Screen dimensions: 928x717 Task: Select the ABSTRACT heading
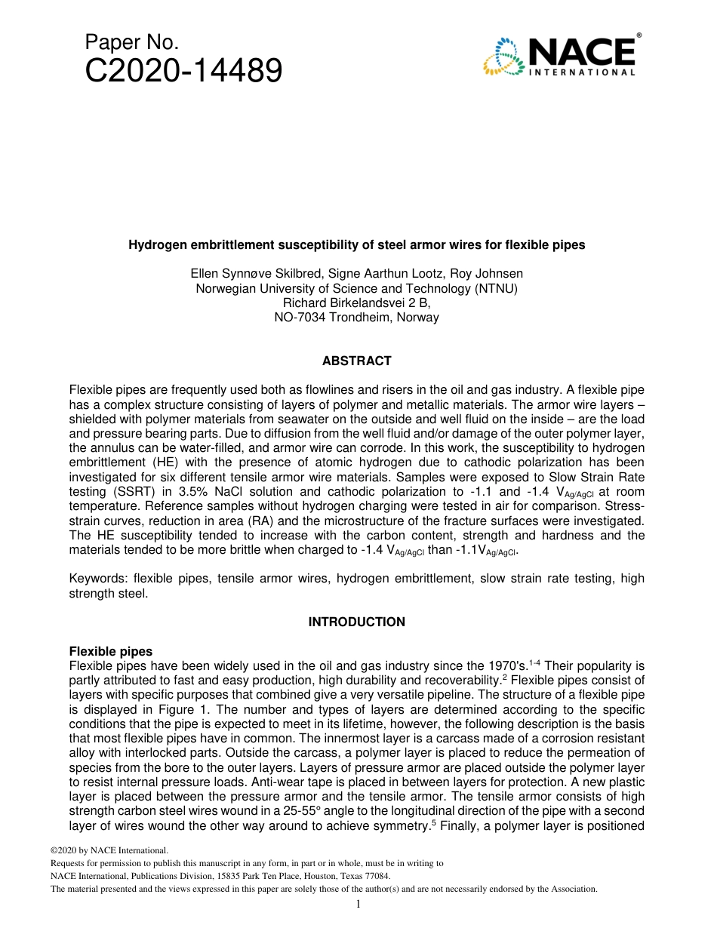click(356, 361)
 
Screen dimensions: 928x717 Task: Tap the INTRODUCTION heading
click(356, 622)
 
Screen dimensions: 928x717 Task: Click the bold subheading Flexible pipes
click(110, 651)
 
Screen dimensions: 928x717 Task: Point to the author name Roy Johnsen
click(490, 274)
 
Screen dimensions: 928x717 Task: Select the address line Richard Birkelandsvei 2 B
click(356, 303)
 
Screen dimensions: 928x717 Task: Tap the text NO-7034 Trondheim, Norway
click(356, 318)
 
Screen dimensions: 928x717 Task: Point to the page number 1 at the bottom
click(358, 905)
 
